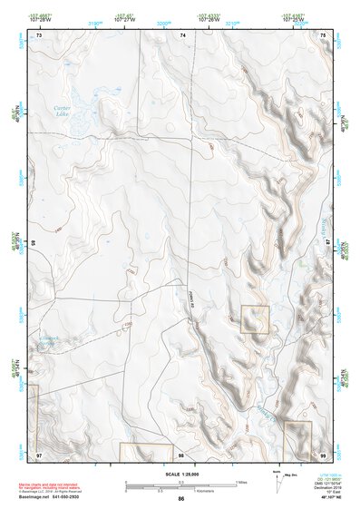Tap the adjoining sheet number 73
click(x=39, y=34)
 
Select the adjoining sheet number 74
click(x=182, y=34)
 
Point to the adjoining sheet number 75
click(x=324, y=34)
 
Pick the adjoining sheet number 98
click(x=181, y=454)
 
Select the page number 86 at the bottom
click(x=181, y=498)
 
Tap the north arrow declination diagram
click(x=276, y=478)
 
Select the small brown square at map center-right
click(x=255, y=319)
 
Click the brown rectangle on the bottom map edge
click(x=145, y=451)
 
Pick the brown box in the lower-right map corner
click(x=297, y=439)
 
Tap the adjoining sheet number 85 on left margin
click(x=32, y=243)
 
